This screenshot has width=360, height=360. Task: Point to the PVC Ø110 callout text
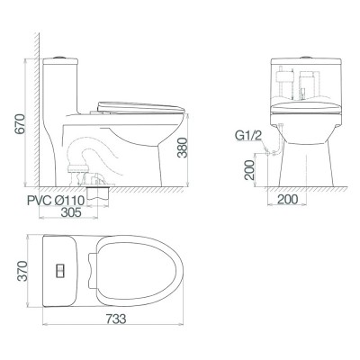(54, 200)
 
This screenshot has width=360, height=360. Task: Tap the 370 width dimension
(13, 271)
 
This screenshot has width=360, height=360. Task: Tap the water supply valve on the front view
(274, 137)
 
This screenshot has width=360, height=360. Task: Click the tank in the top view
(60, 269)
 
